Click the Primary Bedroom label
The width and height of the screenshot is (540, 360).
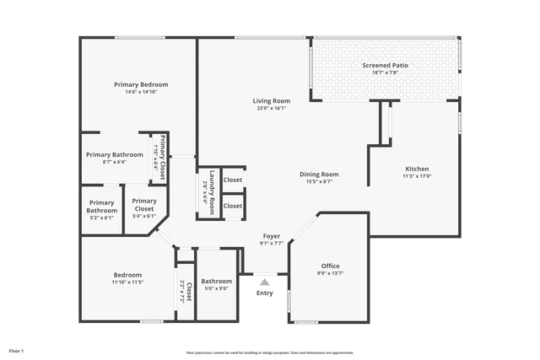pyautogui.click(x=141, y=84)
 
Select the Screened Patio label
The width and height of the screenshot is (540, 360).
pyautogui.click(x=385, y=65)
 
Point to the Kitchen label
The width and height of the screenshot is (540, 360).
pyautogui.click(x=417, y=169)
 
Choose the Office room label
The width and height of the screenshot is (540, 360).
pyautogui.click(x=330, y=266)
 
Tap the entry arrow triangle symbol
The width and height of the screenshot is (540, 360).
pyautogui.click(x=264, y=282)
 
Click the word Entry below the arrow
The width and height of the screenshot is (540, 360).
pyautogui.click(x=264, y=293)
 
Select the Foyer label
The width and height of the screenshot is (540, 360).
pyautogui.click(x=271, y=236)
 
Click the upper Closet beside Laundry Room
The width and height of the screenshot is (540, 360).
pyautogui.click(x=233, y=180)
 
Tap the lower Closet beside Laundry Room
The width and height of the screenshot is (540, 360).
pyautogui.click(x=233, y=206)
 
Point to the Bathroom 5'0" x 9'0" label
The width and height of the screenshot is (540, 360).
pyautogui.click(x=216, y=281)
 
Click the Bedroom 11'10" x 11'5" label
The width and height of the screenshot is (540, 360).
pyautogui.click(x=128, y=275)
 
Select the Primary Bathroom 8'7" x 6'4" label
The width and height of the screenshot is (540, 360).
pyautogui.click(x=116, y=154)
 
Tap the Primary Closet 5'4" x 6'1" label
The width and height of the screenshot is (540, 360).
pyautogui.click(x=144, y=204)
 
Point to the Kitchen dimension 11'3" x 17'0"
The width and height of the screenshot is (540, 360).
pyautogui.click(x=417, y=176)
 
